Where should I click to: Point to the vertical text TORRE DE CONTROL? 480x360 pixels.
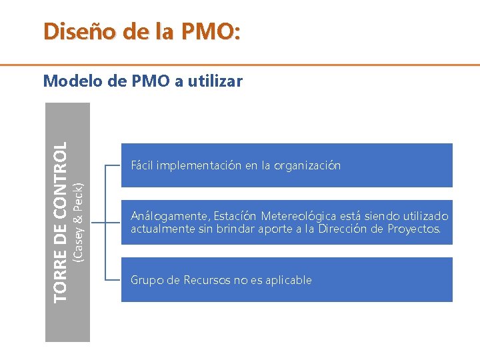pos(60,220)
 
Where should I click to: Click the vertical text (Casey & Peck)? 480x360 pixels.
pos(78,219)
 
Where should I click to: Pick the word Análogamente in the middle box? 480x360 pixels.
pos(169,216)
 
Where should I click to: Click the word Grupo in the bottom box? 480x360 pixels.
pos(146,280)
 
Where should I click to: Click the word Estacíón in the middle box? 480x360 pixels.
pos(235,216)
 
